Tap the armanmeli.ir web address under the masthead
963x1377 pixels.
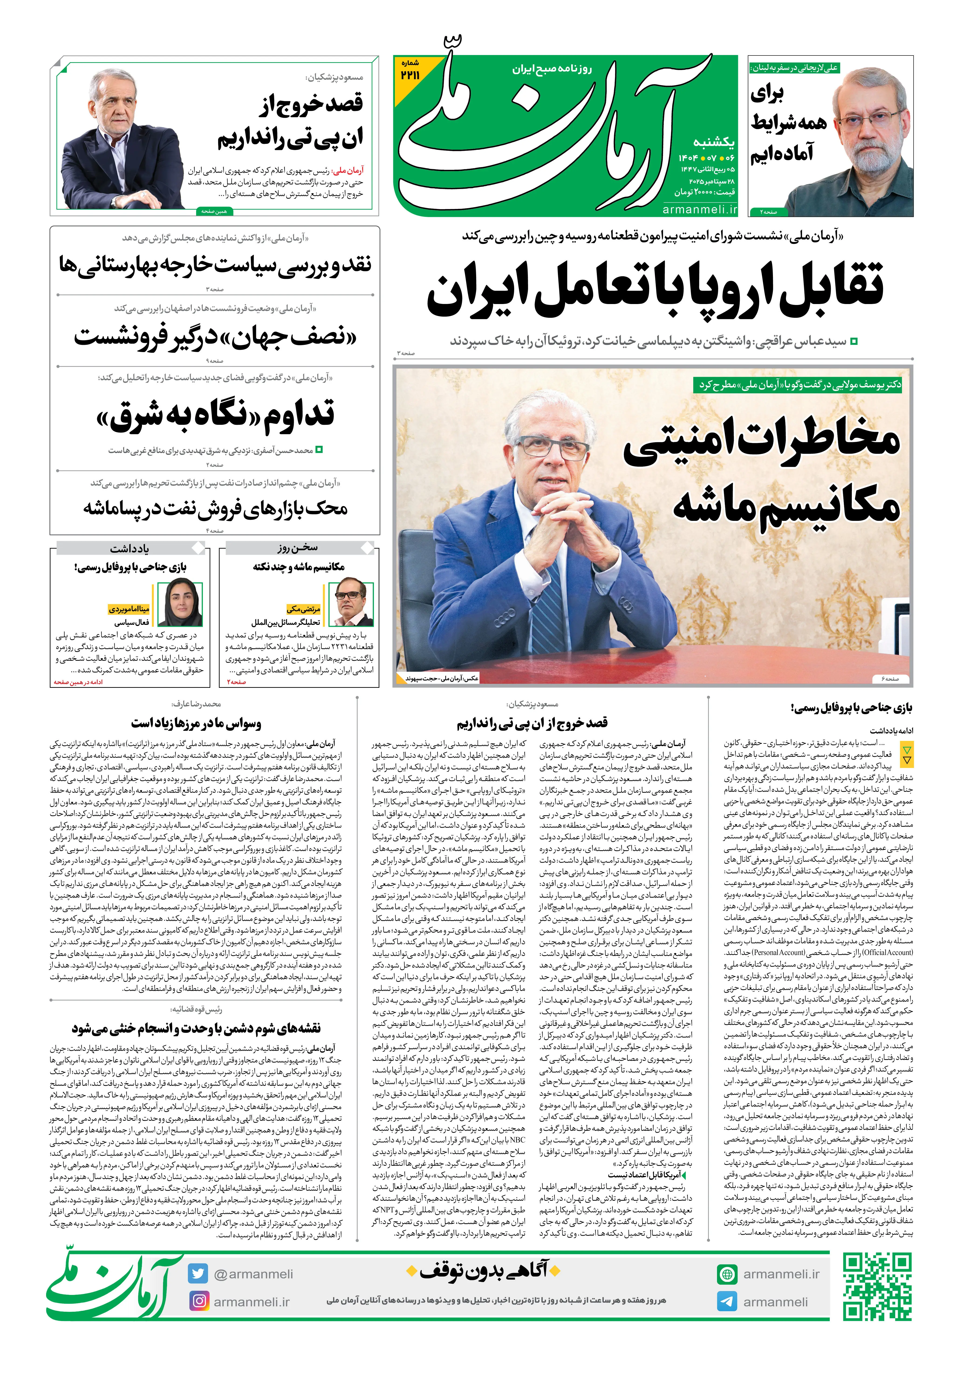pos(700,209)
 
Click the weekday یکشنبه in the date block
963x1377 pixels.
pos(714,142)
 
